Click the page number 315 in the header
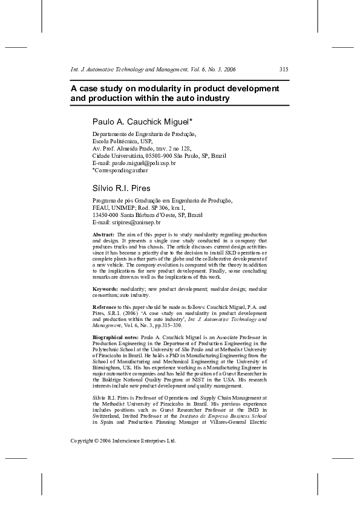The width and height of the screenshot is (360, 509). click(x=284, y=70)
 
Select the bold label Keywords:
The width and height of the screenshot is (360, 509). click(x=105, y=290)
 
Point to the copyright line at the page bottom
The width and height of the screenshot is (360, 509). click(x=123, y=441)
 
